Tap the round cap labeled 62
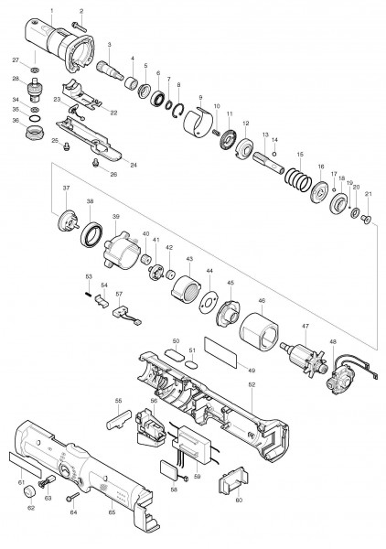click(39, 493)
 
